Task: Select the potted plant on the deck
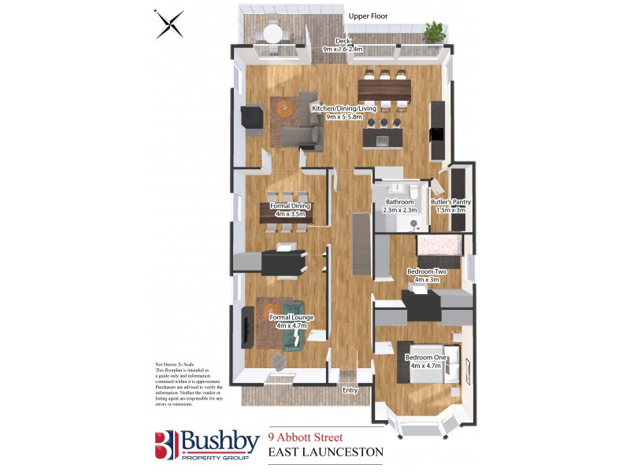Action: [434, 31]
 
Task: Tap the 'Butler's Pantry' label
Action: [451, 202]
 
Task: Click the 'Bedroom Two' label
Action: [427, 271]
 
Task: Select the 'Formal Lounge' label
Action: [291, 317]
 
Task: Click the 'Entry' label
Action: [350, 389]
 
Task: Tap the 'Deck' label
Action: [343, 41]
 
